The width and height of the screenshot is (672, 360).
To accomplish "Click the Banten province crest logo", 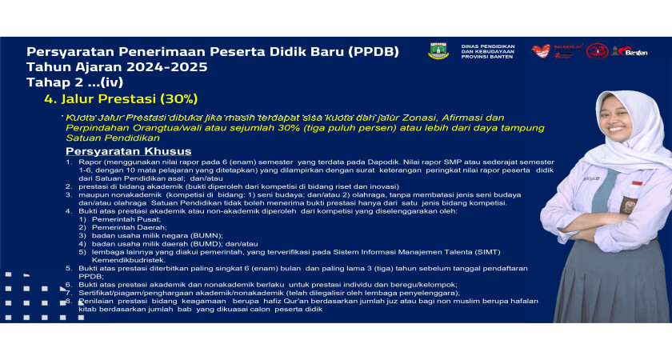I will click(x=438, y=51).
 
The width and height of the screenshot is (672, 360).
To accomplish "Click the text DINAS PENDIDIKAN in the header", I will click(x=487, y=46).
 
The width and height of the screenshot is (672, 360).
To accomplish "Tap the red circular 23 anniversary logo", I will click(x=597, y=51).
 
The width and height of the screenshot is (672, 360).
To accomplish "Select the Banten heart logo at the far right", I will click(x=632, y=50).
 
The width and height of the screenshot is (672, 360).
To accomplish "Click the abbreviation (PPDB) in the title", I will click(x=376, y=51).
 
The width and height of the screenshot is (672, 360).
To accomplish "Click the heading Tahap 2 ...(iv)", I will click(x=74, y=82).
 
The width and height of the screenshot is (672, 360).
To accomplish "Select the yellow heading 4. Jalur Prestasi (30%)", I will click(x=121, y=99).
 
